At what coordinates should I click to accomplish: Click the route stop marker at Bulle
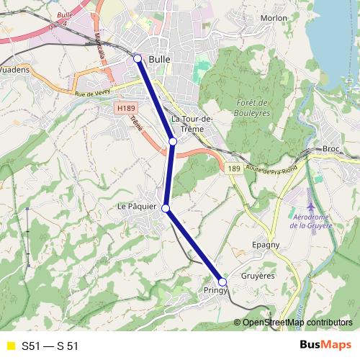point(138,58)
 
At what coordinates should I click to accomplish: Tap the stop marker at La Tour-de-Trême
point(173,142)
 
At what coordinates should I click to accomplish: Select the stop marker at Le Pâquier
point(166,208)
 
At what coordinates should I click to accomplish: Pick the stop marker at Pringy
point(222,282)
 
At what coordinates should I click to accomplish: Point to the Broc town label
point(331,148)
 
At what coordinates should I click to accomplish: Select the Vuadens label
point(14,71)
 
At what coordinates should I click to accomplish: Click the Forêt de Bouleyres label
point(252,107)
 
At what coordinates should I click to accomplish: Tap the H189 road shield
point(125,109)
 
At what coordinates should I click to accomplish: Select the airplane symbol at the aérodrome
point(311,196)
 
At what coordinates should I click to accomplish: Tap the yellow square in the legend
point(10,346)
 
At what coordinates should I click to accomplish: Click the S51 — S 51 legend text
point(50,346)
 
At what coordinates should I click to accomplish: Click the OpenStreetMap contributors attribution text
point(297,323)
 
